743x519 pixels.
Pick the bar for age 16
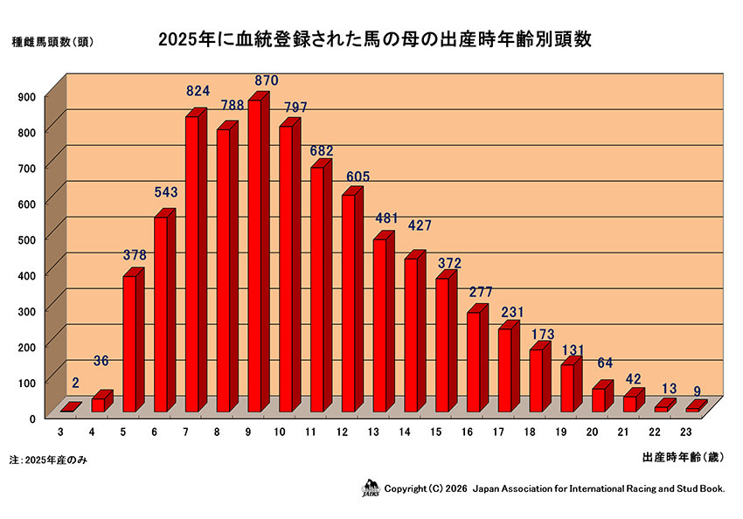tap(474, 362)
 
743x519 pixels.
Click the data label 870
tap(266, 80)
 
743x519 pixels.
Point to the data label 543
tap(165, 190)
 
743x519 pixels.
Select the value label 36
tap(103, 361)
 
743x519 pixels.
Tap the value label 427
tap(421, 225)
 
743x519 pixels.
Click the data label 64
tap(605, 363)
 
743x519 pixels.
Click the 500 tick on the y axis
tap(26, 239)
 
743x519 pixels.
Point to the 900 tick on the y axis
tap(26, 96)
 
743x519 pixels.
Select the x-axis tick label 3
tap(60, 432)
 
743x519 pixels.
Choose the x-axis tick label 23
tap(686, 432)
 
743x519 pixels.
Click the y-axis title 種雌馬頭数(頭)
tap(52, 40)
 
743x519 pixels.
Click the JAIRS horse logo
tap(371, 488)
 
